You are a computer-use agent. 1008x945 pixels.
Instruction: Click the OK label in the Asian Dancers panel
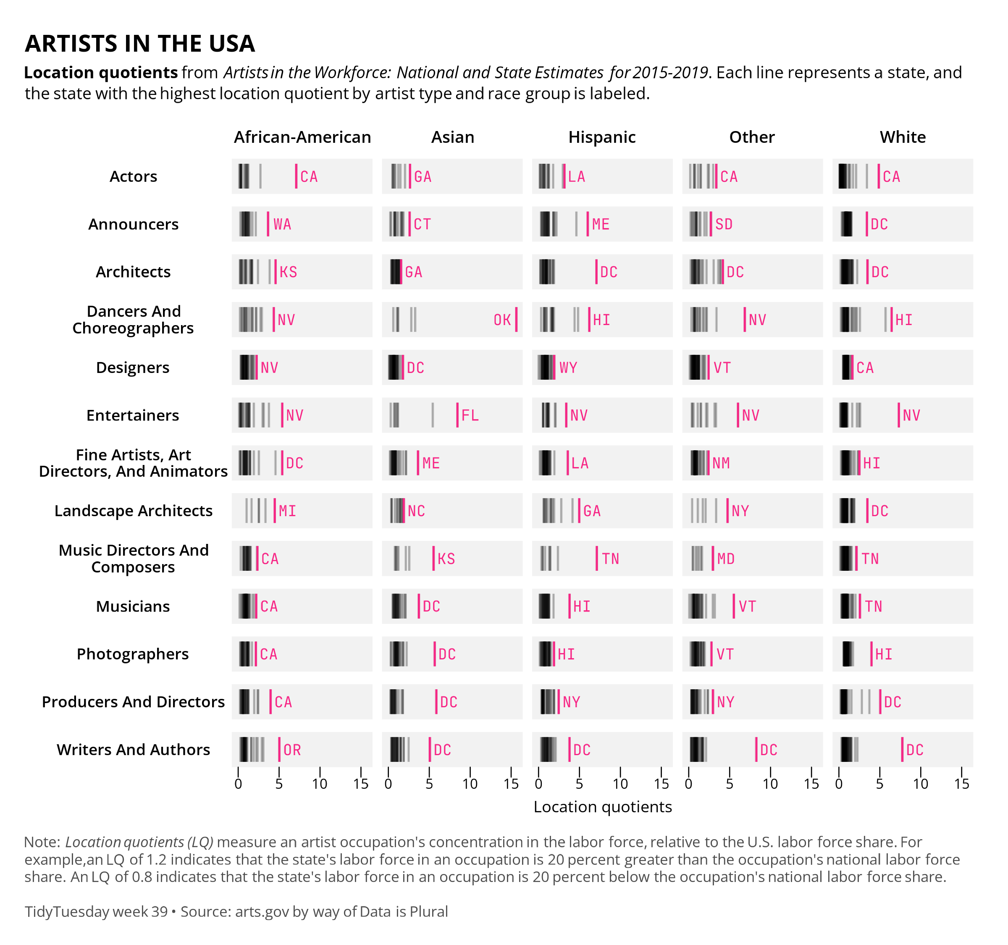[502, 320]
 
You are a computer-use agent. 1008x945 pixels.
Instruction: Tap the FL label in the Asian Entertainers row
[470, 416]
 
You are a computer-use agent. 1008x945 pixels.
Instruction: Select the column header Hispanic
[602, 137]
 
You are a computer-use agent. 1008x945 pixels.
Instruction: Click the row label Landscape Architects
[134, 511]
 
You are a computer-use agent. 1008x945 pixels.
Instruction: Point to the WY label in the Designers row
[568, 367]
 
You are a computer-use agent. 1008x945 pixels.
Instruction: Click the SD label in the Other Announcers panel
[724, 224]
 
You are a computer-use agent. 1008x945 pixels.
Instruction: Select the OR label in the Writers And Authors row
[292, 750]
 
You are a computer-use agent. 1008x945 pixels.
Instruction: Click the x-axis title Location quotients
[602, 806]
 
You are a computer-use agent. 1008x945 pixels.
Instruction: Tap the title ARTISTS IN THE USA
[140, 44]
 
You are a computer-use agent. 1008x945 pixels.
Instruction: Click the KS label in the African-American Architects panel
[288, 272]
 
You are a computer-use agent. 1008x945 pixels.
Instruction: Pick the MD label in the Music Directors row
[726, 559]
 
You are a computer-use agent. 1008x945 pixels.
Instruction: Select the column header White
[903, 137]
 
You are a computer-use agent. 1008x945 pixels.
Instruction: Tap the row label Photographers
[132, 654]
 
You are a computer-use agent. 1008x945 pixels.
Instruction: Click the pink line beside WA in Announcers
[268, 224]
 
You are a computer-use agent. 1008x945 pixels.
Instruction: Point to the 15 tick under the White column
[961, 784]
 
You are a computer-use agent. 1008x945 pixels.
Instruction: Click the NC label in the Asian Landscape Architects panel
[416, 511]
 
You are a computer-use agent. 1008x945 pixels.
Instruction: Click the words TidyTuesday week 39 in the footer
[96, 911]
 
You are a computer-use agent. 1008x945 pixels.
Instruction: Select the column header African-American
[302, 137]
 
